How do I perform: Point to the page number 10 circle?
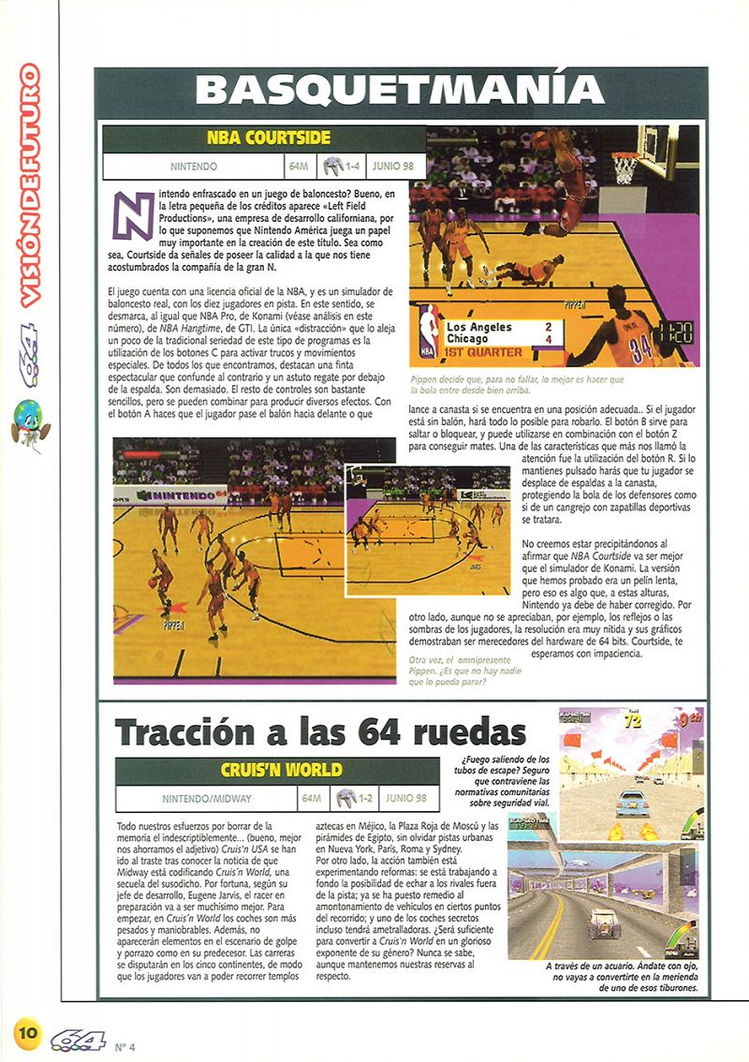pos(27,1032)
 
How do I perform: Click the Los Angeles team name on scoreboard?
pos(479,327)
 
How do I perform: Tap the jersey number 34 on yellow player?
pos(640,349)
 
